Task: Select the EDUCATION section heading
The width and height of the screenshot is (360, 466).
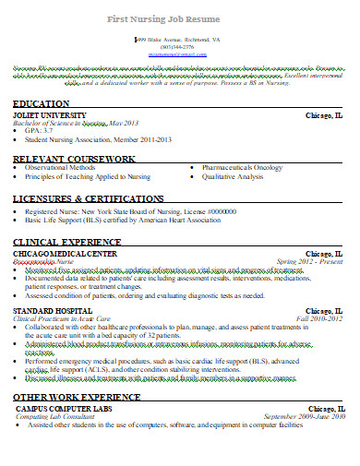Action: pyautogui.click(x=41, y=104)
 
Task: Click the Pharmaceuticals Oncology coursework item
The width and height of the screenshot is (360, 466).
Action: pyautogui.click(x=239, y=167)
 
